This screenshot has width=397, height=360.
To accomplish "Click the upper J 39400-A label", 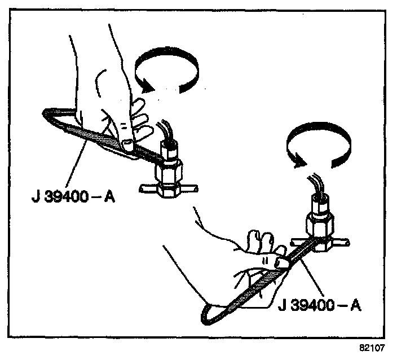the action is [73, 198].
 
